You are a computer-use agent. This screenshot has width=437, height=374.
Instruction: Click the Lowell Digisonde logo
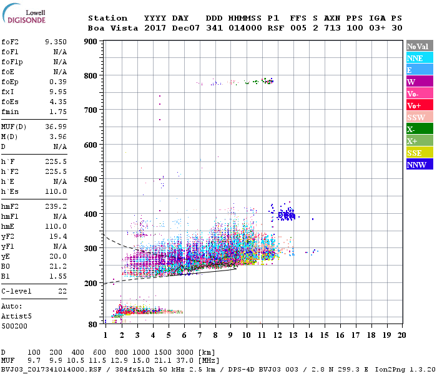(22, 16)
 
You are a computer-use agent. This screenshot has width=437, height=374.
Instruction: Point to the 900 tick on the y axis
(91, 42)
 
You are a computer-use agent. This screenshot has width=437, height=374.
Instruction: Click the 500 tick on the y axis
(91, 180)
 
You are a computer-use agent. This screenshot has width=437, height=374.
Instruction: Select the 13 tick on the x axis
(293, 335)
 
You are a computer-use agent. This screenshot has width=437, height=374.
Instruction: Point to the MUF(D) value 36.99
(56, 127)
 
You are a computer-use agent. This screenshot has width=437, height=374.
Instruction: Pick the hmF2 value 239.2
(56, 206)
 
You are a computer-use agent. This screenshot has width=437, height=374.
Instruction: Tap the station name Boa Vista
(107, 28)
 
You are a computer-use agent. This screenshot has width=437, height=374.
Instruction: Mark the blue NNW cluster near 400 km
(286, 215)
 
